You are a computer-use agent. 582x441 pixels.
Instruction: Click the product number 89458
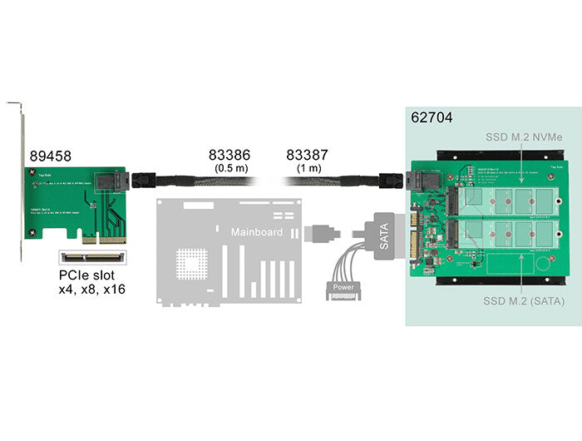point(50,156)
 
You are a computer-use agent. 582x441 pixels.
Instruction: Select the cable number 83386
point(228,156)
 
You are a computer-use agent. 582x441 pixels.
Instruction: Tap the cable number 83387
point(308,156)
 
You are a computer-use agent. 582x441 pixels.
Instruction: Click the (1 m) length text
point(308,169)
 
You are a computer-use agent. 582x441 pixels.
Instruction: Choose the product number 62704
point(432,117)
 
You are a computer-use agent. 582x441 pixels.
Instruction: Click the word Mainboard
point(257,232)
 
